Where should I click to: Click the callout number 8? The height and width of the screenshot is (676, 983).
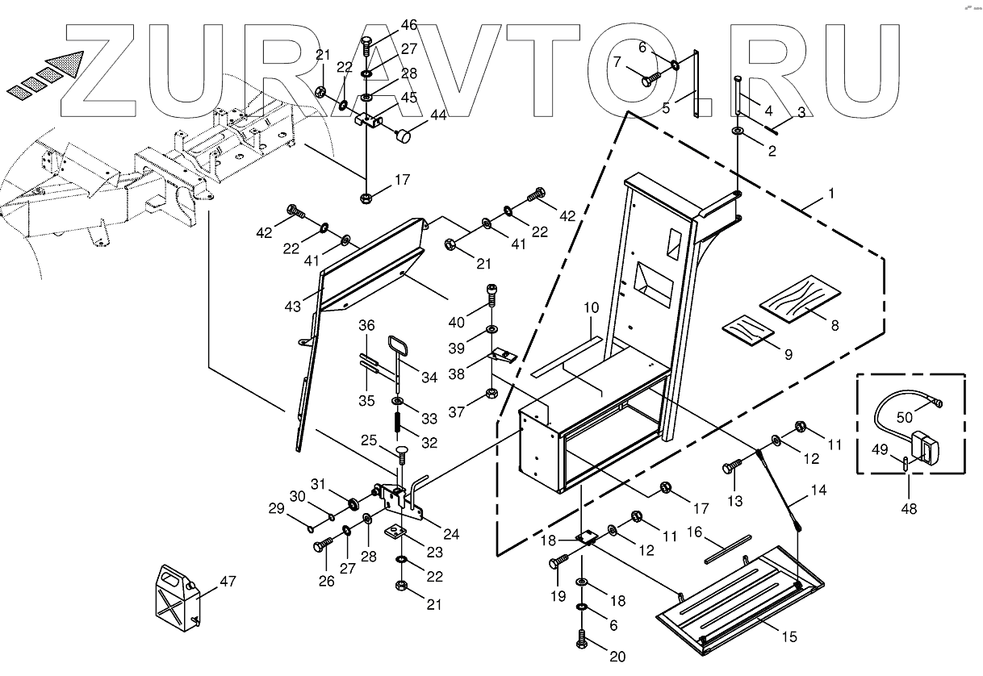pos(834,327)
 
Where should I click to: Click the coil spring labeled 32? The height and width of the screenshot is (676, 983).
pos(398,422)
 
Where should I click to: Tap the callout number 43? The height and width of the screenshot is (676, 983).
pos(293,307)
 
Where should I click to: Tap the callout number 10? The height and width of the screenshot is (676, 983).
pos(592,308)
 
